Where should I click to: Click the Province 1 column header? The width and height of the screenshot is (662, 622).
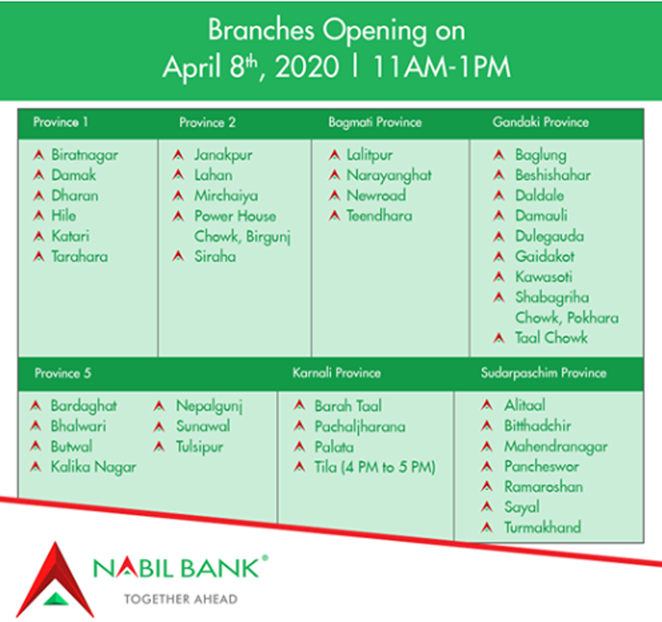coord(60,122)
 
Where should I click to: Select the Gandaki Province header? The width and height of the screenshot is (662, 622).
coord(540,122)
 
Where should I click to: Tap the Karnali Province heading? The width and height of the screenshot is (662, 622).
coord(336,373)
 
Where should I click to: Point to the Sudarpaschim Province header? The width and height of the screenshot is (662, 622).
coord(544,373)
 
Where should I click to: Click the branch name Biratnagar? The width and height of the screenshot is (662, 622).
coord(85,155)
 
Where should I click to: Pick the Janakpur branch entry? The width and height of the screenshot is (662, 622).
coord(223,155)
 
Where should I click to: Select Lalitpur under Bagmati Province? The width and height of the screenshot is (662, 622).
coord(369,155)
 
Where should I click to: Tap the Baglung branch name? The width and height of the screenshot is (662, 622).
coord(540,155)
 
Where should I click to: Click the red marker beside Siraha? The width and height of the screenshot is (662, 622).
coord(178,255)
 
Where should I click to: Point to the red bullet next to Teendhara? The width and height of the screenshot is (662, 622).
coord(334,216)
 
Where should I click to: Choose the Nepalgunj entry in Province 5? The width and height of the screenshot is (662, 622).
coord(209,406)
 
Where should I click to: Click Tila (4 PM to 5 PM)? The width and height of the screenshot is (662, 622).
coord(375,467)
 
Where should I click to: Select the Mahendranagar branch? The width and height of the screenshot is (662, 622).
coord(555,447)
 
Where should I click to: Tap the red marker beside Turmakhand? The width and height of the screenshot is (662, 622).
coord(487,527)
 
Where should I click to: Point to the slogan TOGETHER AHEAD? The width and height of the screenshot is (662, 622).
coord(181,600)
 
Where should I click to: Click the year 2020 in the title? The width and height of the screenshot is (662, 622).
coord(307,67)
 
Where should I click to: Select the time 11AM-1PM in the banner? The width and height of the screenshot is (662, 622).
coord(442,67)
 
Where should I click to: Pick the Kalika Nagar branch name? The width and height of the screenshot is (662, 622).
coord(93,467)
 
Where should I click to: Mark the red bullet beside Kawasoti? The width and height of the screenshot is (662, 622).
coord(499,277)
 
